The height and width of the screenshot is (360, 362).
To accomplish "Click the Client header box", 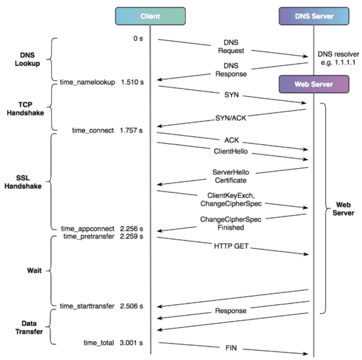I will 150,17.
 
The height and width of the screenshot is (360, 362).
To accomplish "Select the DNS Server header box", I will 314,17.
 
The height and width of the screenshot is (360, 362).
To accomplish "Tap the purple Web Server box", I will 314,84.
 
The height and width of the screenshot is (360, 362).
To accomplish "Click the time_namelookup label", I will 87,82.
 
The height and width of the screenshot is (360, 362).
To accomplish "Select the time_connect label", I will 94,130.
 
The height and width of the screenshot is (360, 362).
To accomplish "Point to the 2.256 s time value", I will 132,229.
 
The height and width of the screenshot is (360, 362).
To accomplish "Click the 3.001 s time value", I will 132,342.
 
